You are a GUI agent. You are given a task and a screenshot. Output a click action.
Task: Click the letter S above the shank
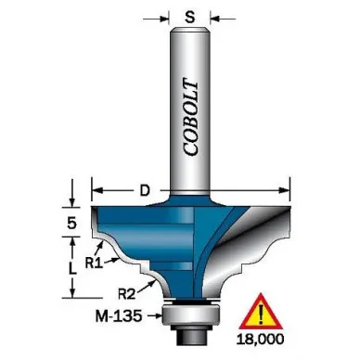(190, 18)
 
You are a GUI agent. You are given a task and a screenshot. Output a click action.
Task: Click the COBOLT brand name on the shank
(190, 118)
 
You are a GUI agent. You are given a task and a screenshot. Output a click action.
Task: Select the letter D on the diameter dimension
(145, 190)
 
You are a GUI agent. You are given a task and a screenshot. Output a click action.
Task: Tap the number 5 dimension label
(71, 223)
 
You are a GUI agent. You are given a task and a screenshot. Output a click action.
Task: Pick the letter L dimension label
(72, 268)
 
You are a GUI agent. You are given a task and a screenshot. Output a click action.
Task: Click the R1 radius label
(94, 264)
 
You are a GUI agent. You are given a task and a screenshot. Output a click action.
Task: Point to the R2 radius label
(127, 293)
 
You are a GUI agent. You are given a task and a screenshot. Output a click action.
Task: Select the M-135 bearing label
(119, 316)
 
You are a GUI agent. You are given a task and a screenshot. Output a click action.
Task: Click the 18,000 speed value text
(260, 340)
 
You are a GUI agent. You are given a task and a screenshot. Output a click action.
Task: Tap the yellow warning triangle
(261, 313)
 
